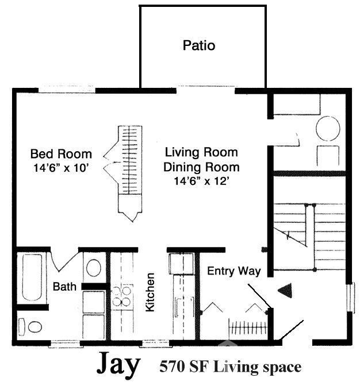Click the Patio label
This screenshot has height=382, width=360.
199,45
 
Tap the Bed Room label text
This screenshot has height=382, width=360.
61,154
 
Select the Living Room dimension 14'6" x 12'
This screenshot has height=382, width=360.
201,180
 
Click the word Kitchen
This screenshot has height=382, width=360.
150,292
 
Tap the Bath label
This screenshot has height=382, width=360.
65,286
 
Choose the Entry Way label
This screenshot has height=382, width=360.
234,271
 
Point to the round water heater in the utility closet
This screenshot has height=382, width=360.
328,129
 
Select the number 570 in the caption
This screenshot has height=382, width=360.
172,366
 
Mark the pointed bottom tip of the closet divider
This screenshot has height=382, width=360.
131,220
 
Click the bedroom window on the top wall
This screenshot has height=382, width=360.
67,90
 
